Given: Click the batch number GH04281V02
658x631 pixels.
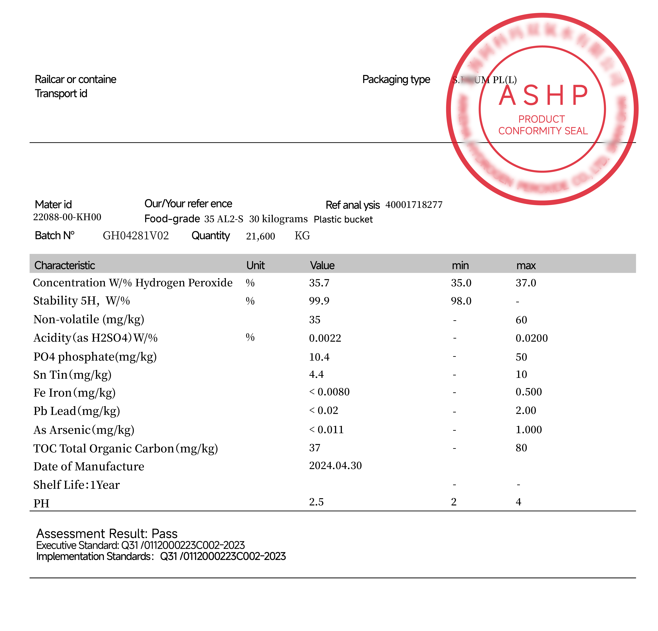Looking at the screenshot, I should click(136, 236).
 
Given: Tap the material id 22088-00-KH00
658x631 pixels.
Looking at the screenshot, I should click(67, 217).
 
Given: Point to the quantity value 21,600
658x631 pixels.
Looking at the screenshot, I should click(260, 236).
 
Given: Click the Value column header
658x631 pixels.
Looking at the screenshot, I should click(322, 265).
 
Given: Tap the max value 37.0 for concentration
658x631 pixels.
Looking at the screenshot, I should click(526, 283).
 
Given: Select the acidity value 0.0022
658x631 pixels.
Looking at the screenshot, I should click(325, 338).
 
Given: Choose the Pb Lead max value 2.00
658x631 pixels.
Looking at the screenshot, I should click(526, 410).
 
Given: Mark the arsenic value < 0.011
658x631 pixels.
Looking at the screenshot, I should click(326, 430).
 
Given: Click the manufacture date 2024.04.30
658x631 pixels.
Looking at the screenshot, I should click(335, 466).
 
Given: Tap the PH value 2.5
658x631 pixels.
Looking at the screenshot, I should click(316, 502).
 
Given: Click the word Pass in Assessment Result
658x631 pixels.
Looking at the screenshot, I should click(164, 534).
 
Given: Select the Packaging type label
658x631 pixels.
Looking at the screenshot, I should click(396, 79).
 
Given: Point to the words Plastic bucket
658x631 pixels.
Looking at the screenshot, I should click(343, 220).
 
